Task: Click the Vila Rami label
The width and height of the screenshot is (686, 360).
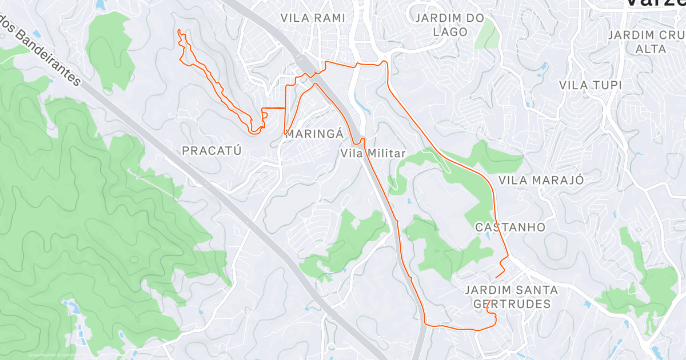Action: (x=313, y=18)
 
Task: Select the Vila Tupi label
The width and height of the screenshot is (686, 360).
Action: (x=591, y=85)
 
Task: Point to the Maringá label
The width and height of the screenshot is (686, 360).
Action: (x=314, y=134)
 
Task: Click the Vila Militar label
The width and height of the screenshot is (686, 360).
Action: (x=372, y=153)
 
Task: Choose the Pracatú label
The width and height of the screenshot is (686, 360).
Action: (x=212, y=151)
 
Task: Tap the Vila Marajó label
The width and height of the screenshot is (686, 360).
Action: (x=541, y=180)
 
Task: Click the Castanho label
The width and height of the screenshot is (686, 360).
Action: (x=510, y=227)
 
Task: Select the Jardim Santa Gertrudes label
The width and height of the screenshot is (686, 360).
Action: (x=512, y=297)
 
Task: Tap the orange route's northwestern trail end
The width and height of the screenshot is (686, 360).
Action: (x=179, y=30)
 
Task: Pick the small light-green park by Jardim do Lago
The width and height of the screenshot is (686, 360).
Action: (x=486, y=34)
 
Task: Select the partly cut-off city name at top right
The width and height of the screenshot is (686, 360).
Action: (x=655, y=3)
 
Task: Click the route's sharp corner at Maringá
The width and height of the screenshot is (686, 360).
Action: (x=285, y=133)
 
